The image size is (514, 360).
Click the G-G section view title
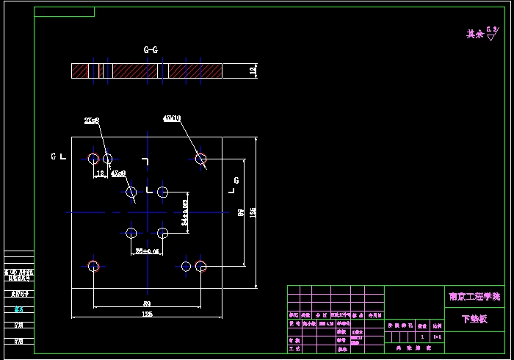click(x=151, y=50)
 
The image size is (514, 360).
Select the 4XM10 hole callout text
click(x=173, y=118)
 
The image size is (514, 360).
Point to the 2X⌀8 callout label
click(x=92, y=120)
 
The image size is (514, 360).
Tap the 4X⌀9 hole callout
click(x=118, y=173)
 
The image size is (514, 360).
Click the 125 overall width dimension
click(x=147, y=314)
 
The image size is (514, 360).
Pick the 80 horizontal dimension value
click(x=147, y=303)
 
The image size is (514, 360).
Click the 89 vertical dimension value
click(x=241, y=212)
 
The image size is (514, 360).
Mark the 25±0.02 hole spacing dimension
click(x=148, y=251)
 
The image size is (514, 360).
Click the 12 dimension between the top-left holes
click(x=100, y=174)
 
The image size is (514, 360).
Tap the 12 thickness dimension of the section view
click(x=253, y=71)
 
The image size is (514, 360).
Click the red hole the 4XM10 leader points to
click(x=200, y=158)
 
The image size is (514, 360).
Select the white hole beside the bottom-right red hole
click(x=186, y=266)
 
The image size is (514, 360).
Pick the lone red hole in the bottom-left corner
click(x=93, y=266)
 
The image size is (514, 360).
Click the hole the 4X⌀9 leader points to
click(x=131, y=192)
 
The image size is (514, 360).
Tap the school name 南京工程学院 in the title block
click(x=474, y=297)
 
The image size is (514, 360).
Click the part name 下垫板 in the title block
click(x=474, y=320)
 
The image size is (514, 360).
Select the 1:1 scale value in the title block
click(x=438, y=336)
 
